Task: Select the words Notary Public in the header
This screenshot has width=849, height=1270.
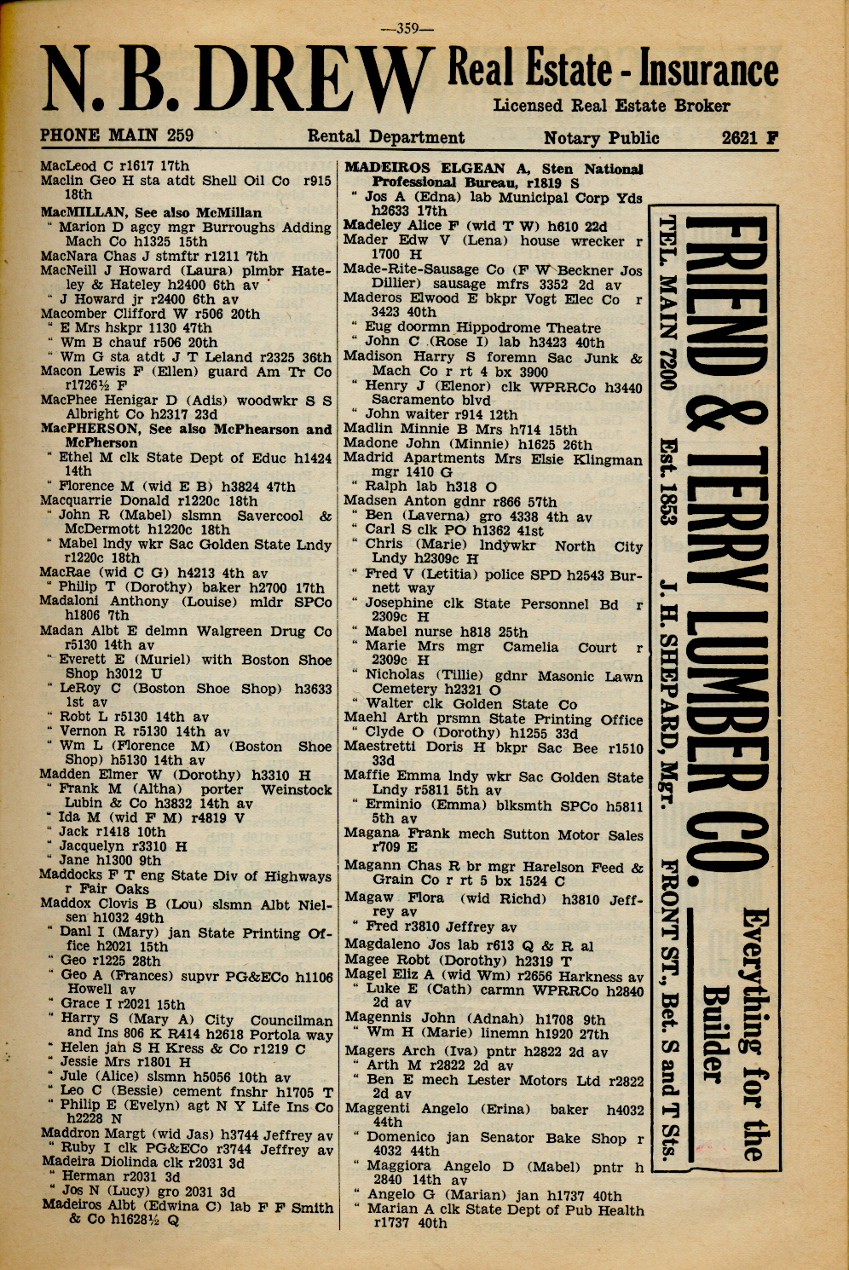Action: pyautogui.click(x=601, y=138)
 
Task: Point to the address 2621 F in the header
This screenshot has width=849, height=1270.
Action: pyautogui.click(x=749, y=138)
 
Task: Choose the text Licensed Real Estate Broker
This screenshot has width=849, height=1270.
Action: pyautogui.click(x=611, y=107)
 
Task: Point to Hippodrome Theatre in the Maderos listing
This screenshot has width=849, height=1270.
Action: pyautogui.click(x=534, y=328)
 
